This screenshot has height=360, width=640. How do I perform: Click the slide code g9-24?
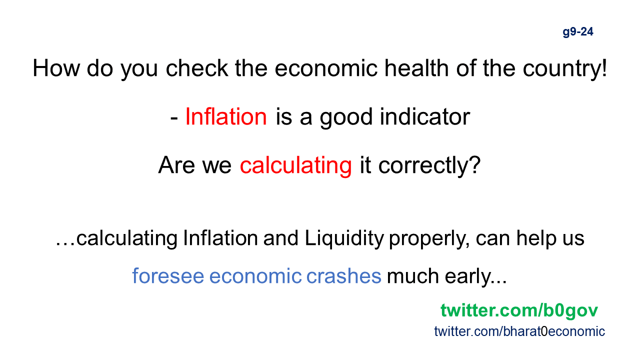coord(577,32)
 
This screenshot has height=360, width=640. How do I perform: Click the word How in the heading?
coord(56,68)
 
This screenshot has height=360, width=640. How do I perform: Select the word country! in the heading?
coord(564,68)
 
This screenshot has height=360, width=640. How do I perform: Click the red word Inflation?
coord(226,116)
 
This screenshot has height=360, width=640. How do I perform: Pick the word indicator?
coord(425,116)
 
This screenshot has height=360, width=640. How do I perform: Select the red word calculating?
coord(295,165)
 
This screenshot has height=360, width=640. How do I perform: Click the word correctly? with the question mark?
coord(429,165)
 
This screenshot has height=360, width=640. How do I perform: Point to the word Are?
coord(176,165)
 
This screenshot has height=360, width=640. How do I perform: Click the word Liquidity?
coord(344,239)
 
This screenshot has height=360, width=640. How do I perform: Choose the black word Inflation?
coord(220,237)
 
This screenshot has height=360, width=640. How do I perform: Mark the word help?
coord(536,239)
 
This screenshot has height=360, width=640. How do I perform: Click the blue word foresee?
coord(168,275)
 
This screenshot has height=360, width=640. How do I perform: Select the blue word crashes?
coord(343,275)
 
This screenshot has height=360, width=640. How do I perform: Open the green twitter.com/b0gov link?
coord(519,310)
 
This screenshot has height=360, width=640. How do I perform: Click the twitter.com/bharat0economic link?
coord(519,331)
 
